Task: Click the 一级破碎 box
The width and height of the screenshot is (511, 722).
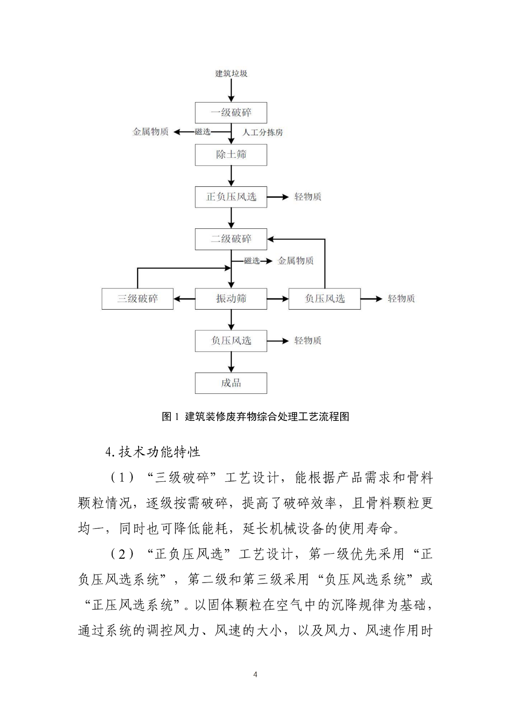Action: click(231, 113)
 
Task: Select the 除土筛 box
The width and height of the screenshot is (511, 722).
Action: click(231, 155)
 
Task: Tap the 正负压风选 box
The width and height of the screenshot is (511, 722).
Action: click(231, 197)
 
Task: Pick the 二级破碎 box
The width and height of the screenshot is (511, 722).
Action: click(231, 239)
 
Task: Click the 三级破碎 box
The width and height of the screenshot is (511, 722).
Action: click(137, 299)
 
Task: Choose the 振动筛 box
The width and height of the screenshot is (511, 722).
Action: click(231, 299)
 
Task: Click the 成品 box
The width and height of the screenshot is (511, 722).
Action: click(231, 383)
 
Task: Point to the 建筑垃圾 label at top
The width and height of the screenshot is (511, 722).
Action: click(231, 73)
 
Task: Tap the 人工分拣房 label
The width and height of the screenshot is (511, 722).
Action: click(262, 132)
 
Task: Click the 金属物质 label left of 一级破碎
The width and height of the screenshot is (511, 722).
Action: click(150, 132)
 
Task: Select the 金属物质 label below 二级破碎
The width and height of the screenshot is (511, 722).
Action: click(295, 261)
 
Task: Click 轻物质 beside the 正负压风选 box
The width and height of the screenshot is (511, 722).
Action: click(308, 197)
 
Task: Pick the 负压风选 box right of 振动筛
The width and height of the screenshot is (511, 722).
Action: click(325, 299)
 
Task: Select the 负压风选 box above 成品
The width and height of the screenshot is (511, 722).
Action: click(231, 341)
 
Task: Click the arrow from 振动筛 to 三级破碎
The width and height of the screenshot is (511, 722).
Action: click(185, 299)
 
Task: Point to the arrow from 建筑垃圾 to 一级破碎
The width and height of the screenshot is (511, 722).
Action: click(231, 90)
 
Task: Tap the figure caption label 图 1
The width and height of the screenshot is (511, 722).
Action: click(170, 417)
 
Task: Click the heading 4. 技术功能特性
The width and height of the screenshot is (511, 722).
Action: click(153, 452)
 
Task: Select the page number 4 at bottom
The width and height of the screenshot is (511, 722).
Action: click(255, 674)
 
